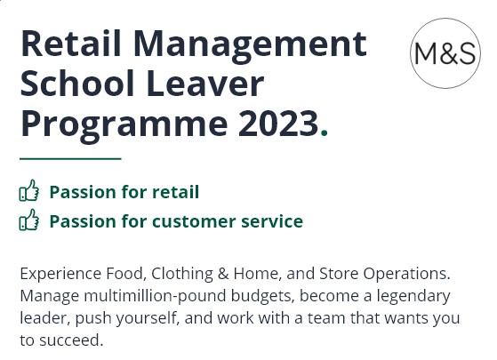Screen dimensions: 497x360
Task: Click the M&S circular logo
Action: (x=445, y=53)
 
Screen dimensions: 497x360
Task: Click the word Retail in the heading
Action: (x=71, y=43)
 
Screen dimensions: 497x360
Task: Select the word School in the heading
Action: (x=77, y=83)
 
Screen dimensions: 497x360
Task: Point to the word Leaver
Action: (x=205, y=83)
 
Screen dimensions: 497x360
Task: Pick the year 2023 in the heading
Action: (x=278, y=123)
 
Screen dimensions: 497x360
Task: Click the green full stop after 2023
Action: (x=324, y=132)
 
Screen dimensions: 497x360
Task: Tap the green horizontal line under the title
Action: (x=70, y=158)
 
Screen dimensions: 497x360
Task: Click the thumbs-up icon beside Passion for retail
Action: (x=29, y=190)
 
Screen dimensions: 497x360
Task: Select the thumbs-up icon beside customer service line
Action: (x=29, y=220)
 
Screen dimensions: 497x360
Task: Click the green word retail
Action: (x=176, y=192)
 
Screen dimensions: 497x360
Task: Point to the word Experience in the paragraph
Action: (x=60, y=275)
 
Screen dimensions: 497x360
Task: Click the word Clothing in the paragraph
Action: (x=182, y=274)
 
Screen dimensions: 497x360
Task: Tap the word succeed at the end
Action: (x=71, y=340)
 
